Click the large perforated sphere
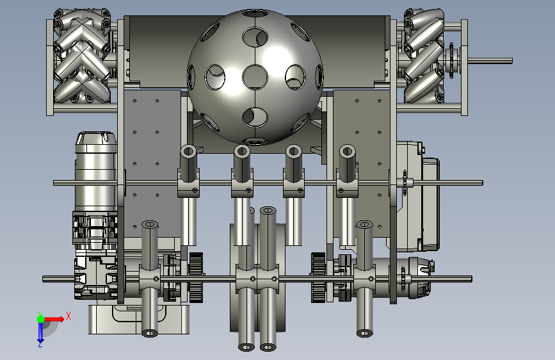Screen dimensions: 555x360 coord(255,78)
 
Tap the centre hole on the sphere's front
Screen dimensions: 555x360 coord(255,76)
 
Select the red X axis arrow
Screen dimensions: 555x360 coord(54,319)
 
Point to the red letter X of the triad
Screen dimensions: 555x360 coord(68,316)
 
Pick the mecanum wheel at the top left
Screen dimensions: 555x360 coord(82,57)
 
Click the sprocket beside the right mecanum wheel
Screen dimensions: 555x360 coord(451,60)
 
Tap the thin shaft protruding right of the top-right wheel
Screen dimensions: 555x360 coord(490,61)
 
